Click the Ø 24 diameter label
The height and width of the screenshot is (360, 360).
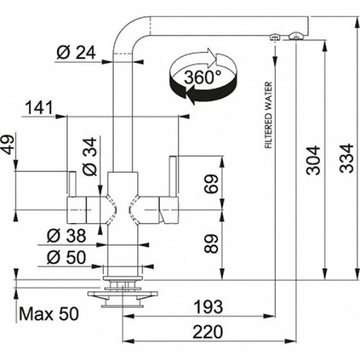tap(76, 53)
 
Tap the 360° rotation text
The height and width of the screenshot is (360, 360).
tap(203, 77)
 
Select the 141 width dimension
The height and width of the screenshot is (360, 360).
tap(39, 107)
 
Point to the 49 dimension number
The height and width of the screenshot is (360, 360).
tap(8, 145)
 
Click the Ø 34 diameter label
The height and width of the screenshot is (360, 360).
tap(90, 156)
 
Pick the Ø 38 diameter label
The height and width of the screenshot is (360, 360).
tap(66, 235)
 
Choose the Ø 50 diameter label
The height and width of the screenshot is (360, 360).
tap(66, 257)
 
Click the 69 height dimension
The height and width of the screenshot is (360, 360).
tap(211, 184)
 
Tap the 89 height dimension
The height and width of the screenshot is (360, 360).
tap(211, 244)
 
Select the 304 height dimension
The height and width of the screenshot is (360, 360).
tap(313, 160)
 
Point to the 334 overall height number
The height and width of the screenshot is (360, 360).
tap(346, 158)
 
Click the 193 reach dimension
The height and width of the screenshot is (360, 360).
tap(208, 307)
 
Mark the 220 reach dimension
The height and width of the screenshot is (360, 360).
tap(208, 332)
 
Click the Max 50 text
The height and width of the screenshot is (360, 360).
tap(49, 314)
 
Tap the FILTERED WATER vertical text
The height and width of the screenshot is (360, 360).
tap(269, 115)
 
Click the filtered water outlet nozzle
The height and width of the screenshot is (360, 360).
tap(274, 37)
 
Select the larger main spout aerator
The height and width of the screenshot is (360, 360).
tap(296, 36)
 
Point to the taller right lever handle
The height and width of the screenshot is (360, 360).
tap(174, 176)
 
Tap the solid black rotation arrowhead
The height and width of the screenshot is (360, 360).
tap(190, 94)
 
